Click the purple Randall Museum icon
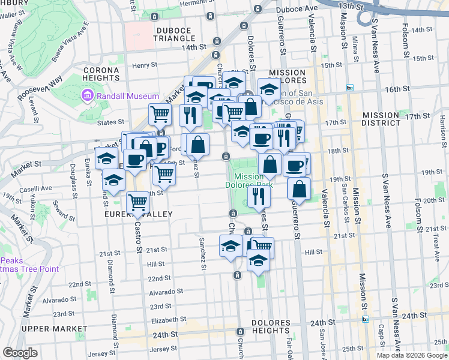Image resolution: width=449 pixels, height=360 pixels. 88,96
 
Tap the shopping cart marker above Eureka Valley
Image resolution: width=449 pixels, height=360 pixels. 138,203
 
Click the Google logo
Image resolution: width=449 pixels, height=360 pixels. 20,353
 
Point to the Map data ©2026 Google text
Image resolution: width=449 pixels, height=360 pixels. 412,355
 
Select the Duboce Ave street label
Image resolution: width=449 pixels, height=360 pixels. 297,9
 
